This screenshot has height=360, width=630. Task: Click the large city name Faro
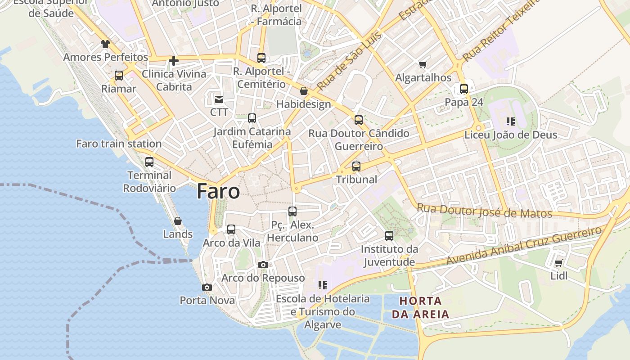point(218,192)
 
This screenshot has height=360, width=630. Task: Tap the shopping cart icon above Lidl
point(559,263)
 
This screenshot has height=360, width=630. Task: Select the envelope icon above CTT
point(219,99)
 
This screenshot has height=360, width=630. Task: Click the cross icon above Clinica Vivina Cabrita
point(174,61)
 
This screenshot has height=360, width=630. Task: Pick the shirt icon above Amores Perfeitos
point(105,44)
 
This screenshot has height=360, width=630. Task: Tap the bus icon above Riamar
point(119,76)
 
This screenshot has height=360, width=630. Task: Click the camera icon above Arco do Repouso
point(263,265)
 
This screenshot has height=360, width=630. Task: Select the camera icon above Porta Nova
point(207,287)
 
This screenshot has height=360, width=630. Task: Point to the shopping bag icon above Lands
point(178,221)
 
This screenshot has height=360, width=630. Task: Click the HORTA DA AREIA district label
point(420,307)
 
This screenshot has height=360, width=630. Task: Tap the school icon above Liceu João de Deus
point(510,121)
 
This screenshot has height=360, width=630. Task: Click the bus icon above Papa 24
point(464,89)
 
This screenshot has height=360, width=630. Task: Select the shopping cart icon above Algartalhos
point(423,65)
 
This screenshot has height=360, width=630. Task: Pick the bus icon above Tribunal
point(356,166)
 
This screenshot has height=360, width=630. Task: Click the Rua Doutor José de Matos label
point(484,211)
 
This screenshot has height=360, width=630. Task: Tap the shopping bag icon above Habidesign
point(304,91)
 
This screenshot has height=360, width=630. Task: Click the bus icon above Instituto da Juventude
point(389,236)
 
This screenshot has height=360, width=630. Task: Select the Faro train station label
point(119,144)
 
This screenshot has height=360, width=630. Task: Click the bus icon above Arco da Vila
point(231,229)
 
